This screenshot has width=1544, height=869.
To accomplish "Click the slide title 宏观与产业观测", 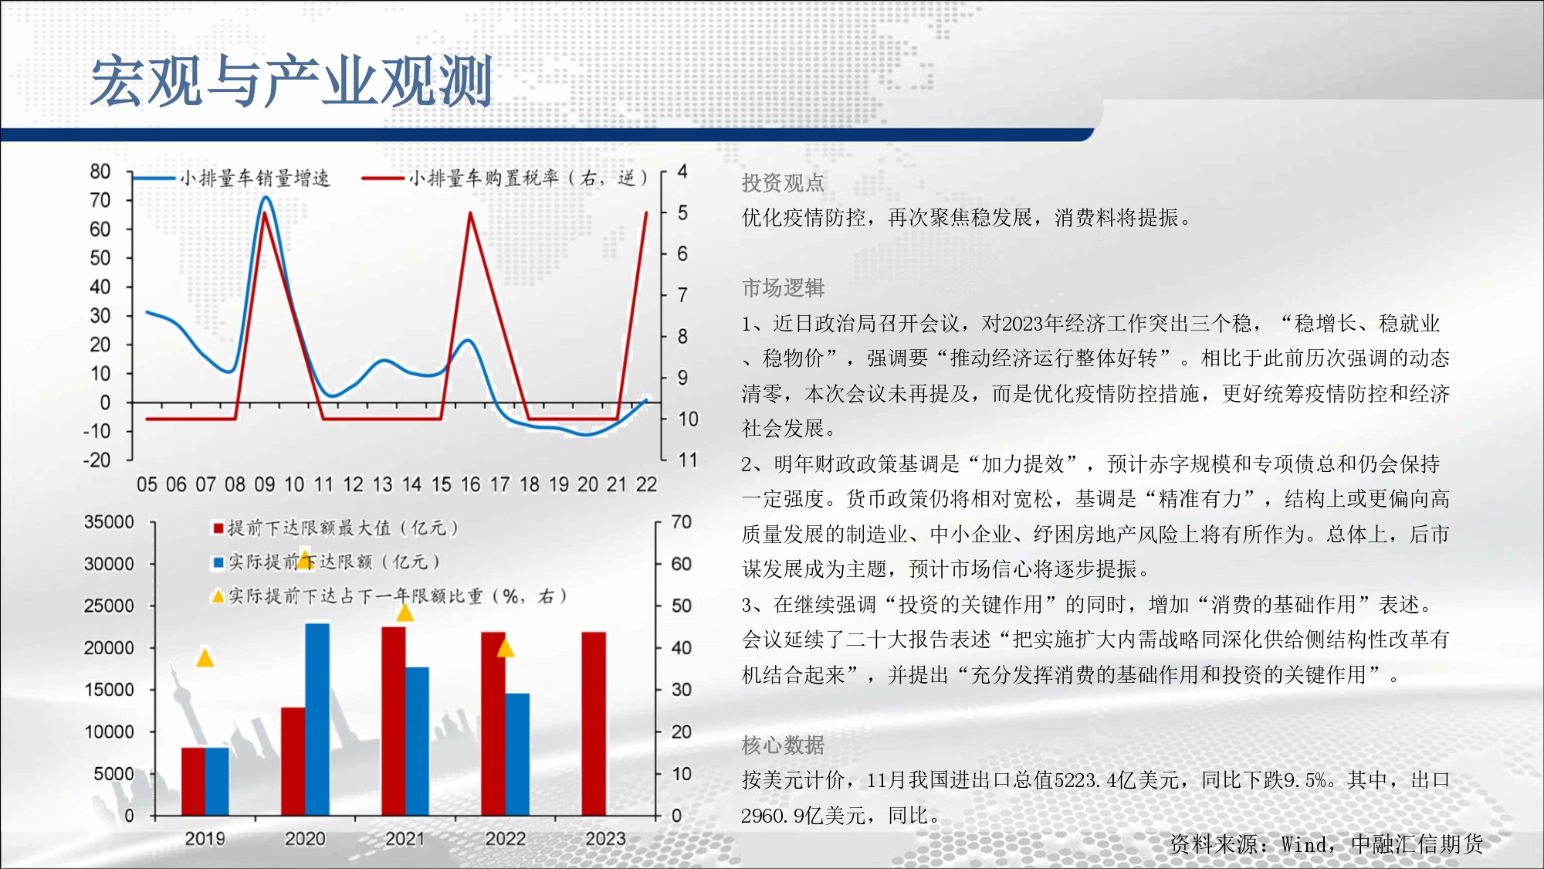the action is (x=291, y=81).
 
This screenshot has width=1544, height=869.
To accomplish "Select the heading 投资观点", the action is (x=783, y=183).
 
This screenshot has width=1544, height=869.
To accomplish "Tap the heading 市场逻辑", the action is (x=783, y=288).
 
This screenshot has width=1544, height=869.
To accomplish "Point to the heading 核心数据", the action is (x=783, y=745).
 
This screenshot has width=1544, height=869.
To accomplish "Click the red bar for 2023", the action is (x=594, y=724).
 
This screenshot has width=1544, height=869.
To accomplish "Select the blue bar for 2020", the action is (x=317, y=719).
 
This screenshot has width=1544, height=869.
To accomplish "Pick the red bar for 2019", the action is (x=193, y=782).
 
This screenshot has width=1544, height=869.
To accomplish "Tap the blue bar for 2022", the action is (x=517, y=755).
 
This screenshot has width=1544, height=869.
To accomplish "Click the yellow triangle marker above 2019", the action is (x=205, y=658).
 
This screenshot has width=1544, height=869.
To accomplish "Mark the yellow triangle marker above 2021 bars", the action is (x=405, y=613).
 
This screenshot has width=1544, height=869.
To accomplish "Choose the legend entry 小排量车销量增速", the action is (x=232, y=178).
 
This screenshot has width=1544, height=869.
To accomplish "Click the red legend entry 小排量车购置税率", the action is (x=506, y=178).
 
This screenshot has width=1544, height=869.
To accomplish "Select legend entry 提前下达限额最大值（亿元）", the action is (x=337, y=528).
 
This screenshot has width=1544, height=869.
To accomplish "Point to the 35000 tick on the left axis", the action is (x=109, y=522).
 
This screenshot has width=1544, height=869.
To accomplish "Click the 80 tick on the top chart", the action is (x=100, y=171).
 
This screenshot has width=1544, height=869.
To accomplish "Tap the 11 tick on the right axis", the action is (x=688, y=460).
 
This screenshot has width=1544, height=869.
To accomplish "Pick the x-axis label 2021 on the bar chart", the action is (x=405, y=839).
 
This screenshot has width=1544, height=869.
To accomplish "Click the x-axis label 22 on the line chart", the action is (x=646, y=485).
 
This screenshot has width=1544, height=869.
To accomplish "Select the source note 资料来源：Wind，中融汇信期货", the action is (x=1326, y=844).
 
